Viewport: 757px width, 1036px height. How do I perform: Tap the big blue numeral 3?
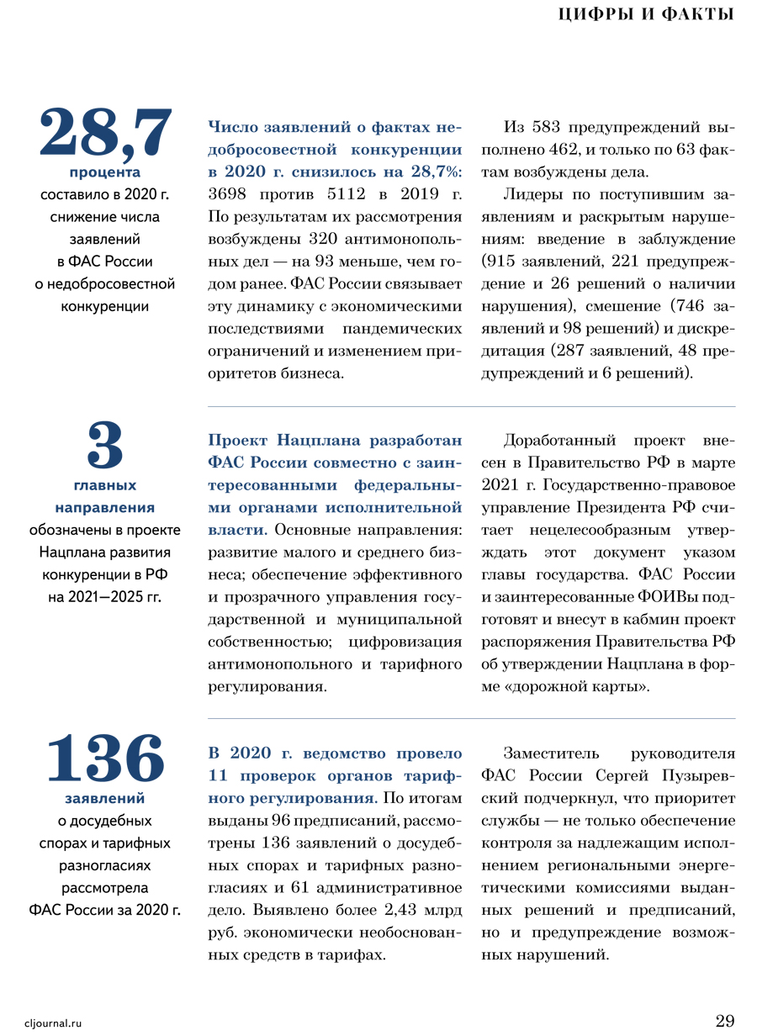coord(105,446)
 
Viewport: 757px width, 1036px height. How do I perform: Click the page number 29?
coord(725,1021)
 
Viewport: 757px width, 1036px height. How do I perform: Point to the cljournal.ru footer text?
coord(54,1023)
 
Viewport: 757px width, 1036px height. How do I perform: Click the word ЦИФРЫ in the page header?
coord(593,14)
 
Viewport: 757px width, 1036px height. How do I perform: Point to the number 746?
coord(685,304)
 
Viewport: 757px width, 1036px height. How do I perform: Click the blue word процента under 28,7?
coord(105,173)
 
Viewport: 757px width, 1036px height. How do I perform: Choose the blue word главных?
coord(105,485)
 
